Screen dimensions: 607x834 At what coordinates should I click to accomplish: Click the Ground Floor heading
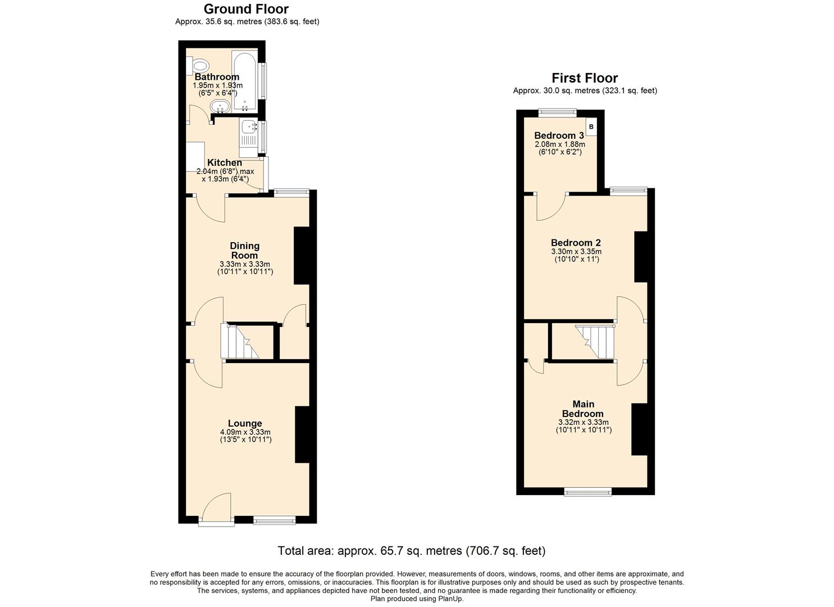point(246,9)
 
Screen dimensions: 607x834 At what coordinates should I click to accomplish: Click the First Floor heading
point(584,78)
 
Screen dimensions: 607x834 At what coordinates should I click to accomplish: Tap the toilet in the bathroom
point(199,65)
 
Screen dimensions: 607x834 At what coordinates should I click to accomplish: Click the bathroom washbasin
point(219,106)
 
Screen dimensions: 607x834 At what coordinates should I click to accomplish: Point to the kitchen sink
point(248,128)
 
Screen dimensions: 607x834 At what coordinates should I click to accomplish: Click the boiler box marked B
point(591,127)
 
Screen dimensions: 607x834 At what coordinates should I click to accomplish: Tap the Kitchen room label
point(225,162)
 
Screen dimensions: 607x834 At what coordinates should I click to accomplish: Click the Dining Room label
point(245,251)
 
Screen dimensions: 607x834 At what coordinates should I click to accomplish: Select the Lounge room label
point(245,423)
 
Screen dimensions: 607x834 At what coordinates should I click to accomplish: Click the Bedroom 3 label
point(559,135)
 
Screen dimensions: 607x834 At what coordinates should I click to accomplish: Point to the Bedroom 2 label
point(576,243)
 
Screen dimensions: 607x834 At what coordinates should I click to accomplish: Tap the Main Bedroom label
point(583,409)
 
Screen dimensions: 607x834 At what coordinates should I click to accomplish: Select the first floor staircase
point(595,342)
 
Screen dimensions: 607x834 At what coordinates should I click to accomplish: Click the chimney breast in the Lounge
point(302,435)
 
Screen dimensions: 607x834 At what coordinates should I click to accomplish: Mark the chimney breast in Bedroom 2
point(641,257)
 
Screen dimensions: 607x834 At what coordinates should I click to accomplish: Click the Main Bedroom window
point(588,492)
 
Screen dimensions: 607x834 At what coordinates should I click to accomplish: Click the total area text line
point(411,551)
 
